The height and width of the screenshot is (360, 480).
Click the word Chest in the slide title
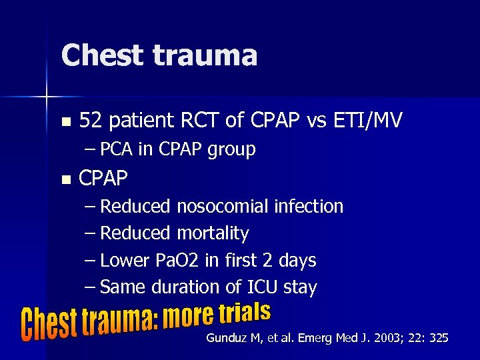click(x=99, y=55)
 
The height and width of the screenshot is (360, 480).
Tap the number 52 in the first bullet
click(x=90, y=121)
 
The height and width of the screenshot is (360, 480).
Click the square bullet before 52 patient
click(x=65, y=122)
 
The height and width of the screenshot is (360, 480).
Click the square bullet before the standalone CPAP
click(x=65, y=179)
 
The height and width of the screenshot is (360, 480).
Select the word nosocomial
click(x=223, y=207)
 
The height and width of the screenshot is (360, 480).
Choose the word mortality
click(x=213, y=233)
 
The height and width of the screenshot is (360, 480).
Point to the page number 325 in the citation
click(x=439, y=339)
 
